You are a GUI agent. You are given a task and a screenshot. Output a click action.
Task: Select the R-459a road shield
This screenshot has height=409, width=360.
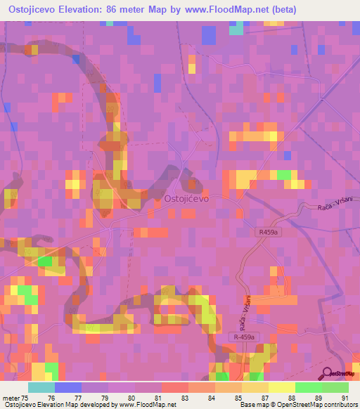(243, 338)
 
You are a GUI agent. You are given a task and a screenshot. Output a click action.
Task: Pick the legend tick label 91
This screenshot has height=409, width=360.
(345, 398)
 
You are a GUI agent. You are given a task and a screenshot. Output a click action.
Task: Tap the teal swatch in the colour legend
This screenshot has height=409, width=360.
(41, 387)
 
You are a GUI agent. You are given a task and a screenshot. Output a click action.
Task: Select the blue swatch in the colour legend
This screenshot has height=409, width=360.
(68, 387)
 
